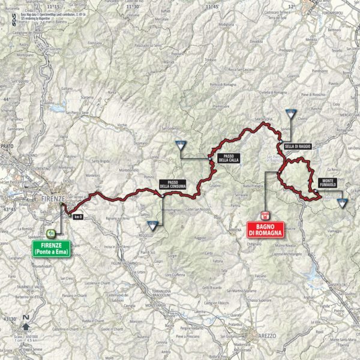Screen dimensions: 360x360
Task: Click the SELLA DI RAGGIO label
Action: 297,146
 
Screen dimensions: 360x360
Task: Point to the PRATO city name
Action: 8,146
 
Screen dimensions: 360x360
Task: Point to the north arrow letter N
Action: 25,317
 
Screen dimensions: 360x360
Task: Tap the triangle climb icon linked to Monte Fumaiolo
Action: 342,203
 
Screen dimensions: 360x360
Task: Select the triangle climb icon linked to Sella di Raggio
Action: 292,113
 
